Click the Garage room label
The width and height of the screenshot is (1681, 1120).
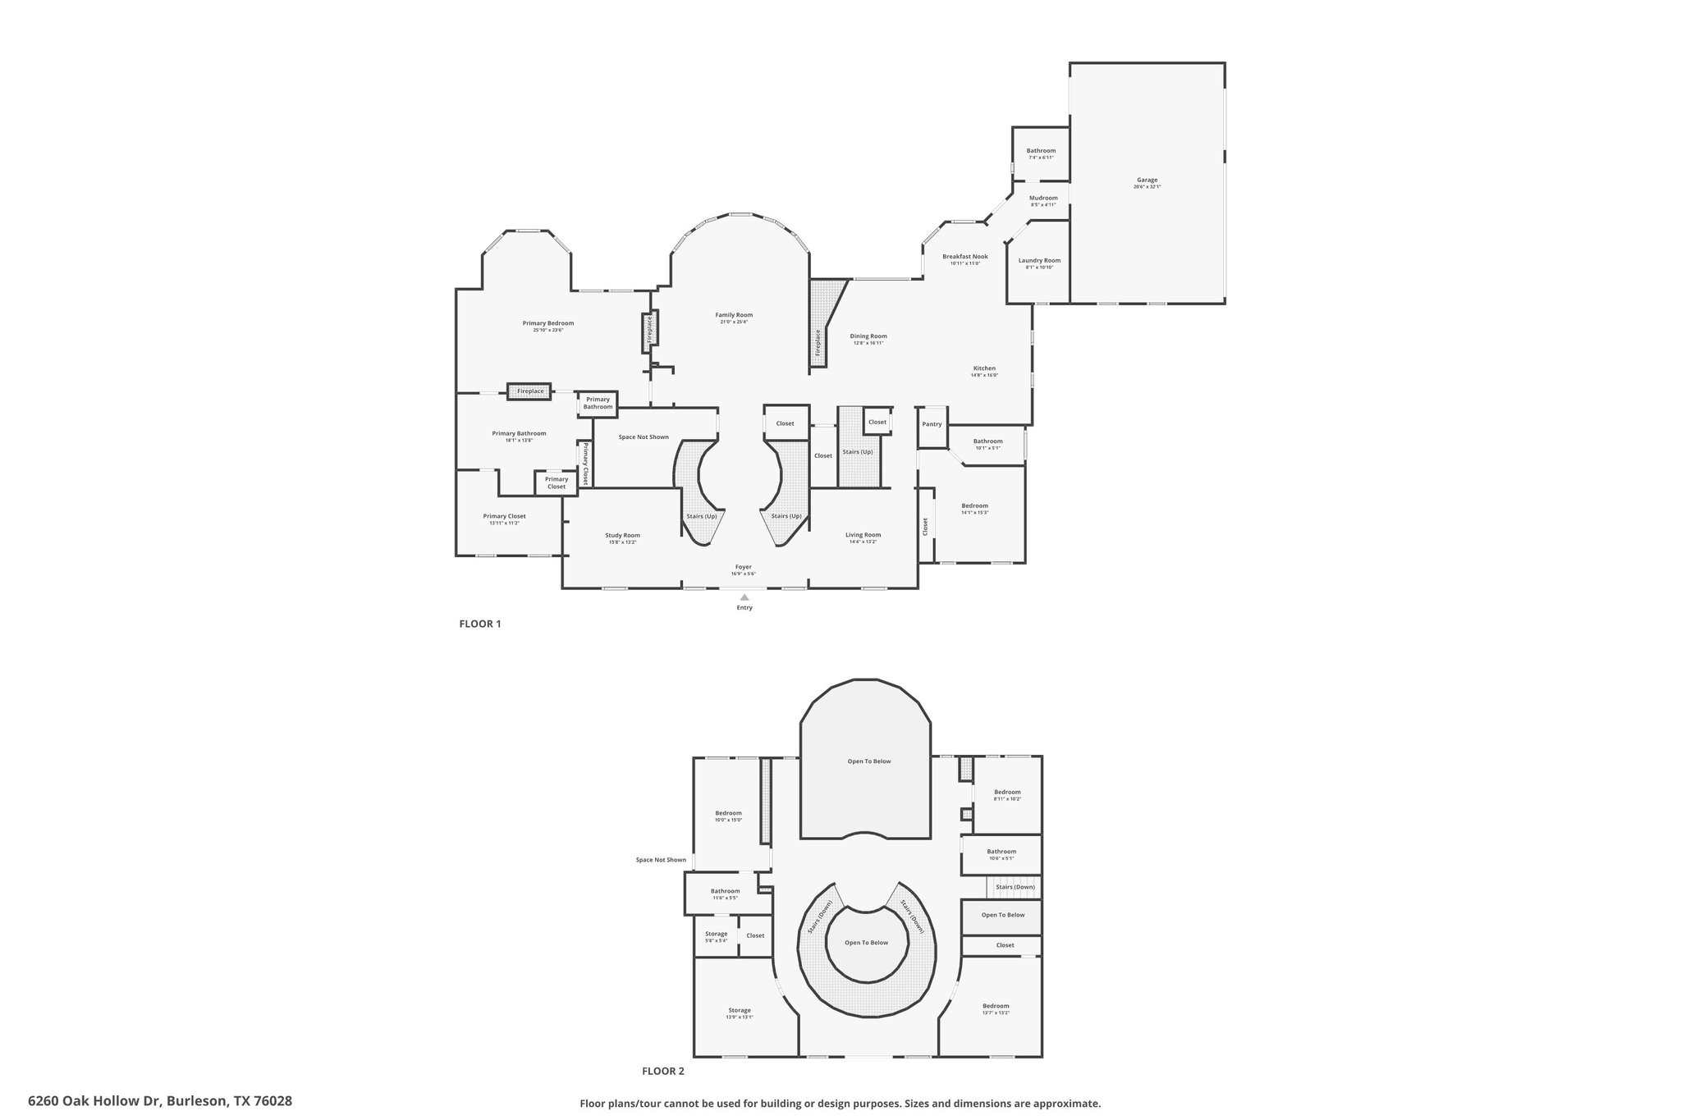click(x=1147, y=180)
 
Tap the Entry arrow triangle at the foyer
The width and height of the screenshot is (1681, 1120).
click(x=744, y=597)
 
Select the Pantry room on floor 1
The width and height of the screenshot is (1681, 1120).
click(x=932, y=424)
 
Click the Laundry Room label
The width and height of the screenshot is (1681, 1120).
click(x=1039, y=261)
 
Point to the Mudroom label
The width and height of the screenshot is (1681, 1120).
click(x=1043, y=198)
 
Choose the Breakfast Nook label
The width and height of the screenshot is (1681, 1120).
click(x=964, y=257)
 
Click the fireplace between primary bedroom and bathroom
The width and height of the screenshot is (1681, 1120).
click(x=529, y=391)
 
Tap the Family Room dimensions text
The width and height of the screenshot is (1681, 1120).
click(x=734, y=322)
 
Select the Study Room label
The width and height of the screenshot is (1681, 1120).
click(x=622, y=535)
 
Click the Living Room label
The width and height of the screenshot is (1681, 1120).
click(x=863, y=535)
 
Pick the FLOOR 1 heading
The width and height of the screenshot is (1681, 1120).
click(x=479, y=624)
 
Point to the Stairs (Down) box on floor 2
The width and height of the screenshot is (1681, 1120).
click(x=1015, y=887)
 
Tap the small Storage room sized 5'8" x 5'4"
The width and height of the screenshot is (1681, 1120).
click(x=716, y=936)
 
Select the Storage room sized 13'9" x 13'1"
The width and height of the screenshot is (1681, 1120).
click(x=739, y=1013)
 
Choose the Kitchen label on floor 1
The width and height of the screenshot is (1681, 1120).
click(x=984, y=368)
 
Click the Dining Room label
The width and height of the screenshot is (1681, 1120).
click(x=868, y=336)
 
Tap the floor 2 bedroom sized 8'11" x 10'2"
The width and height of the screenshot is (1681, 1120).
click(x=1007, y=795)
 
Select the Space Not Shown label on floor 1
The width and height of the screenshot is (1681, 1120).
click(x=644, y=437)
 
